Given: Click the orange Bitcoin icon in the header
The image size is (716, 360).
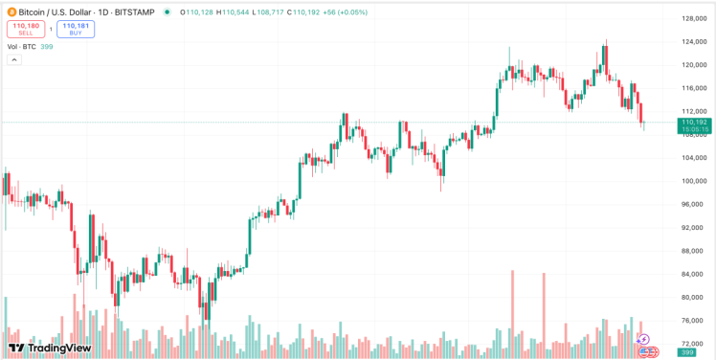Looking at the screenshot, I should point(11,12).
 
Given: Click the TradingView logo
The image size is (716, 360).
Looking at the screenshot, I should point(50,348).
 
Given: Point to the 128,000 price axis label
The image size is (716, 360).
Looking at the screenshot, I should point(693,19).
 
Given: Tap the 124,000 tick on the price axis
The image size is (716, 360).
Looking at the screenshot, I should point(693,42).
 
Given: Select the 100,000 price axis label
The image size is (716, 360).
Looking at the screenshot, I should point(693,181).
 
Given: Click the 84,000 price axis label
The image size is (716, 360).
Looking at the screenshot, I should point(693,274).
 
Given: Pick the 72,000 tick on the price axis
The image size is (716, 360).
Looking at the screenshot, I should point(693,343).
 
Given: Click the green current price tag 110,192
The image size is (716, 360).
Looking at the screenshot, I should point(694,125).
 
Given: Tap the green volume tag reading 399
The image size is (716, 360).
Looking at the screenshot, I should point(686,353).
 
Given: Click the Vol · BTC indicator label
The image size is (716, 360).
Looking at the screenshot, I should point(22,46).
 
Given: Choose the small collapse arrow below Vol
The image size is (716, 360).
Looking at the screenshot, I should point(14,59).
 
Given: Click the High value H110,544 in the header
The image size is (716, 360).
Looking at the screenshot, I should point(234,12).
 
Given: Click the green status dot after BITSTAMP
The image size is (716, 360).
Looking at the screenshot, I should point(168,12).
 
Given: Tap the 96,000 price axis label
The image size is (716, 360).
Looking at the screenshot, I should point(693,204).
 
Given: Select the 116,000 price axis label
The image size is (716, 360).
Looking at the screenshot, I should point(693,88).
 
